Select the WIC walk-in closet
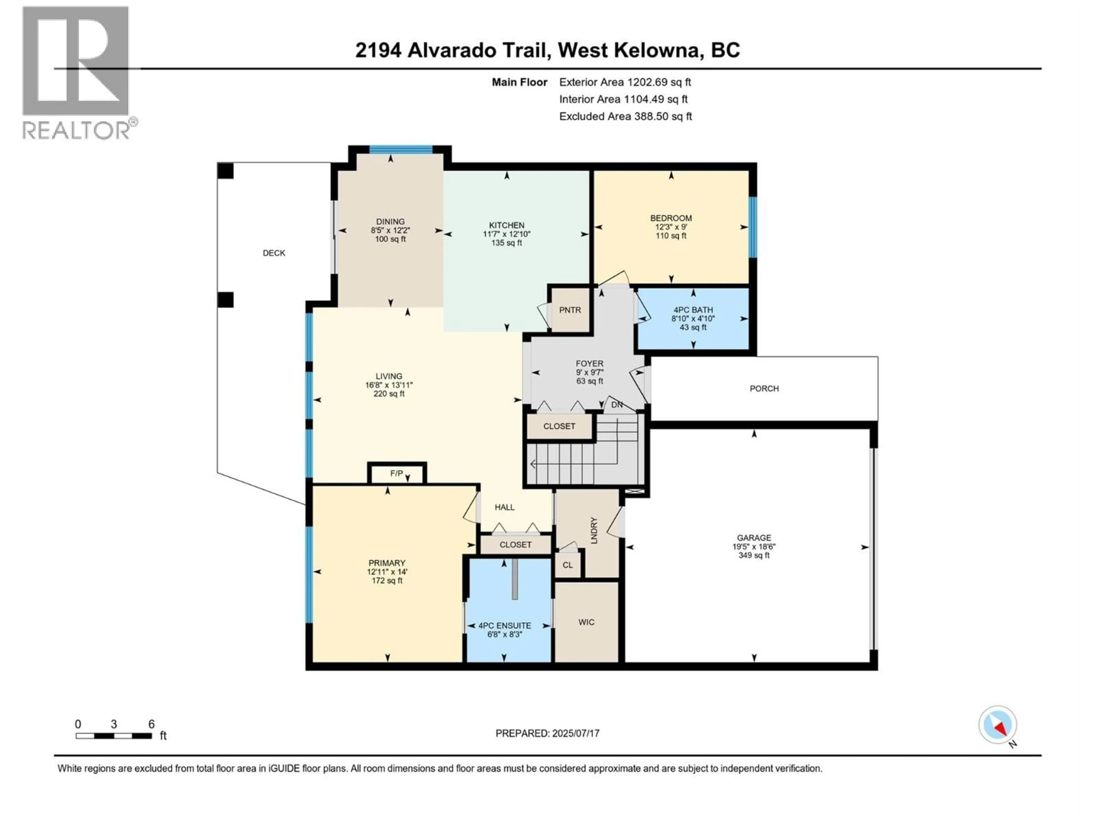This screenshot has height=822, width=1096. click(586, 622)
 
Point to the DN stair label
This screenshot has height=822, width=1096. click(617, 405)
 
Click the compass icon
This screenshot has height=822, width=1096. click(998, 725)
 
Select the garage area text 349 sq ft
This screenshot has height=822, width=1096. click(753, 555)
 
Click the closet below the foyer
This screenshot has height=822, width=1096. click(559, 426)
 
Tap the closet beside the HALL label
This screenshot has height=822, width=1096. click(515, 545)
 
